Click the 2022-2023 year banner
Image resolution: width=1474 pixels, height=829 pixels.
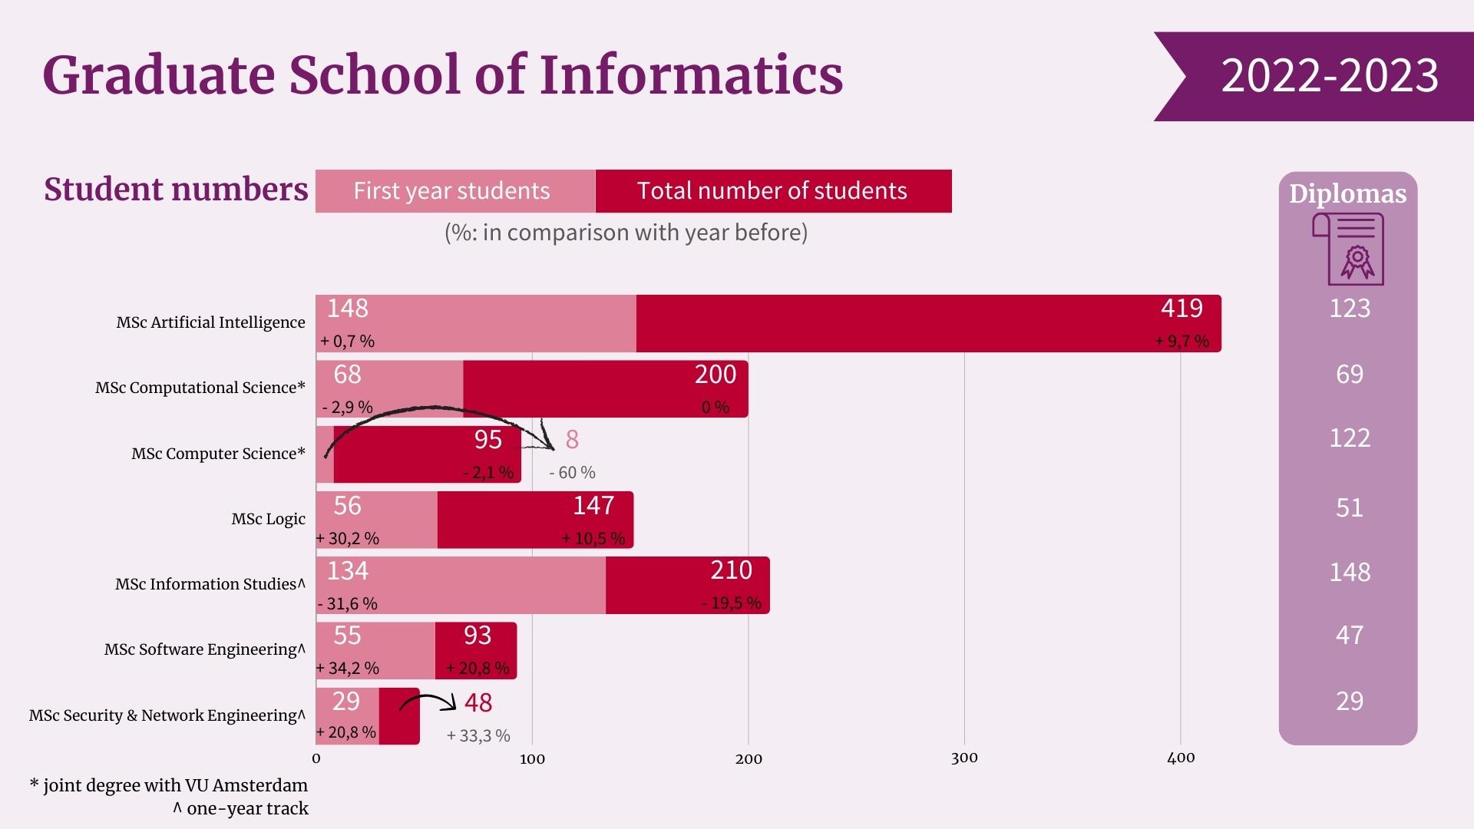click(1328, 76)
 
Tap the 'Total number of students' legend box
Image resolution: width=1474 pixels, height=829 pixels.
click(772, 191)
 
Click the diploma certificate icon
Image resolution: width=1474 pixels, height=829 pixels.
click(1348, 249)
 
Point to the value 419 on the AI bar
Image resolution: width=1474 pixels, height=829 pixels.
click(1182, 309)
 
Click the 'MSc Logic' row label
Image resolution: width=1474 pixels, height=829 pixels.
click(268, 520)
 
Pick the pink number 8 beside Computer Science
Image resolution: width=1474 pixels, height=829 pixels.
click(572, 440)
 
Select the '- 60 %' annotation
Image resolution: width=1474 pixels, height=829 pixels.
click(572, 473)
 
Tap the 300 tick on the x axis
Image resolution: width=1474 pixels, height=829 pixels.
click(964, 758)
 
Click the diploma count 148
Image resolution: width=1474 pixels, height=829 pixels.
click(1349, 573)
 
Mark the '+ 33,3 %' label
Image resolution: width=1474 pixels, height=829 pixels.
click(478, 736)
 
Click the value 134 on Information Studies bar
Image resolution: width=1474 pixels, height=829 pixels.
click(348, 571)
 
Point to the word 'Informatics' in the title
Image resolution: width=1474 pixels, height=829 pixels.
click(691, 75)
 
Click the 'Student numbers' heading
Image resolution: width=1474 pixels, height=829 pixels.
click(176, 190)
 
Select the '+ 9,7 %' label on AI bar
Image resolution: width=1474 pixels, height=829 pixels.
click(1182, 342)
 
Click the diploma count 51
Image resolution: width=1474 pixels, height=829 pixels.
click(1349, 508)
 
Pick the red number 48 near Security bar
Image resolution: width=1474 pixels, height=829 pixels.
click(478, 703)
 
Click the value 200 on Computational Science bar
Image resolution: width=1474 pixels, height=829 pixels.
click(716, 375)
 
